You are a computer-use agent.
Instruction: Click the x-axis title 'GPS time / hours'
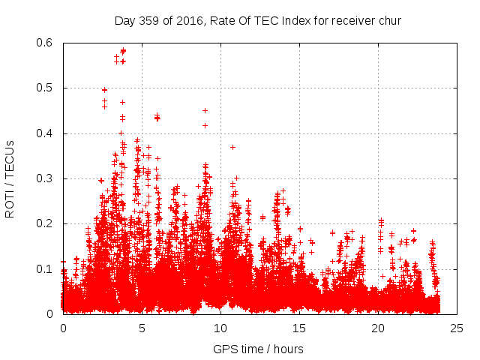tap(258, 349)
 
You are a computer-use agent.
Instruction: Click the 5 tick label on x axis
tap(142, 328)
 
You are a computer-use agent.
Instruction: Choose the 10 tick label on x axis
tap(220, 328)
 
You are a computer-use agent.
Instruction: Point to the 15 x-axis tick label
tap(299, 328)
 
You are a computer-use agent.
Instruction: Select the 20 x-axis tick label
tap(378, 328)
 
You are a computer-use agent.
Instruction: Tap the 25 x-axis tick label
tap(457, 328)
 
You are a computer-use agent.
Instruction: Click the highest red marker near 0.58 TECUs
tap(123, 51)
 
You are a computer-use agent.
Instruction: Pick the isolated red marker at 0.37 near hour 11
tap(232, 147)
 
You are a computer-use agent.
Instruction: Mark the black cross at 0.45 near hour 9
tap(205, 110)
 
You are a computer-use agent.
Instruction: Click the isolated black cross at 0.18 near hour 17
tap(332, 232)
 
